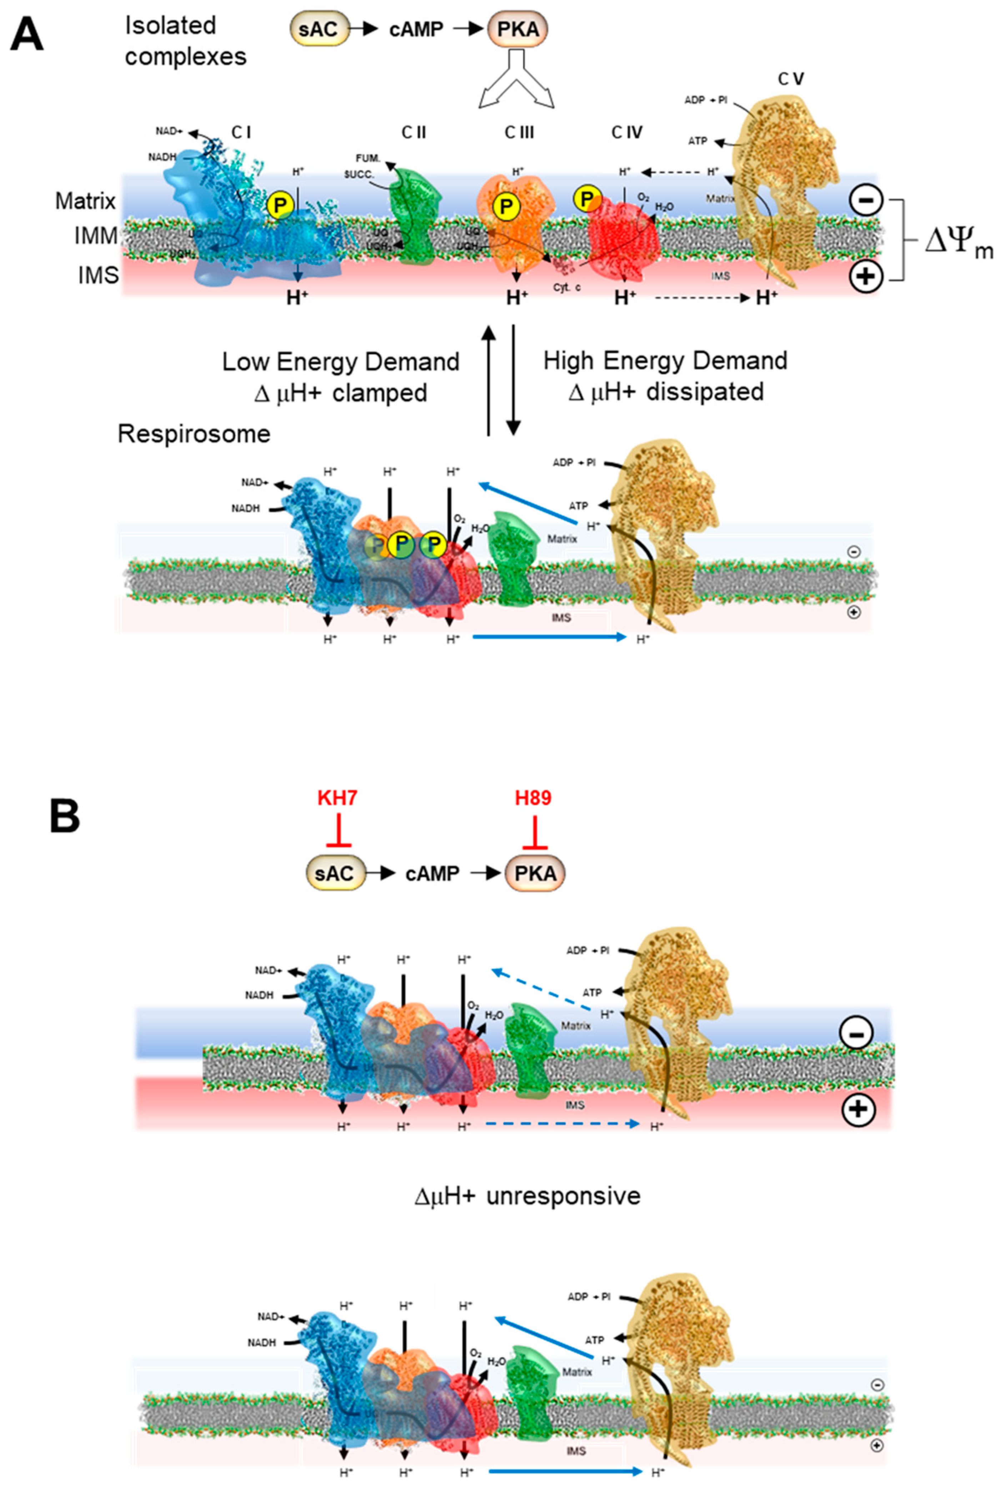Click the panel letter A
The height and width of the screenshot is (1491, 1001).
[27, 35]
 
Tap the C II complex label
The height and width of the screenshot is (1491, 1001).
[414, 133]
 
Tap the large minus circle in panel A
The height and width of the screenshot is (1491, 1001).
[866, 200]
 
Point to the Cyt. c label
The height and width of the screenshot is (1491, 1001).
[567, 288]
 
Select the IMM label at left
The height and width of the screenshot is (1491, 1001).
[96, 237]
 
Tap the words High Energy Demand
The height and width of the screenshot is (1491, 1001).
[665, 361]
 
